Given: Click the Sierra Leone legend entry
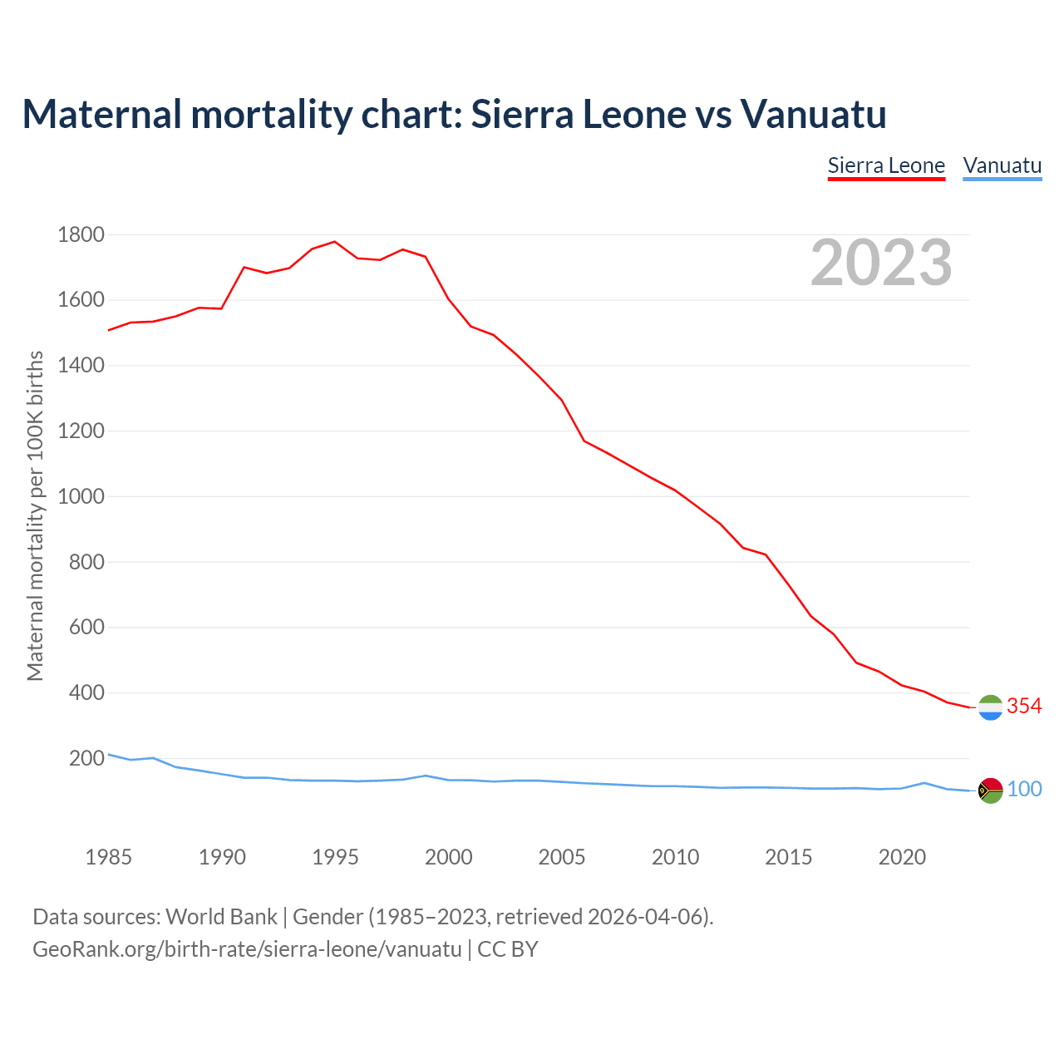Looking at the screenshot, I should [886, 166].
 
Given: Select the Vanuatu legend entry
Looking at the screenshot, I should [1002, 166].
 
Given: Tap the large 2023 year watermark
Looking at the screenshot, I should [881, 263].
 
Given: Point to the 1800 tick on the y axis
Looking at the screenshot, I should [81, 235].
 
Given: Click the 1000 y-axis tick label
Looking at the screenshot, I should [81, 497].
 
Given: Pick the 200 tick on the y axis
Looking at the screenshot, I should [86, 759].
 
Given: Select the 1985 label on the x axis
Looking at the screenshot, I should [109, 857].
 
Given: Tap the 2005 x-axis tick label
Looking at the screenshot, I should [562, 857].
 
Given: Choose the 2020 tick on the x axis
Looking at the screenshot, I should [902, 857].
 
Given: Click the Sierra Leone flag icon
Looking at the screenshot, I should [990, 707].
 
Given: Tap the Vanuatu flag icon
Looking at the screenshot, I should [990, 791].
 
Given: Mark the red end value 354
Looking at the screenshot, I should [1024, 707].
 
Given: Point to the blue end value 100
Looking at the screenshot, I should [1025, 790].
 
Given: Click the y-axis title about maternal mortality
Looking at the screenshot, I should [35, 515].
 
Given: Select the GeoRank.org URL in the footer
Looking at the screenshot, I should [247, 949].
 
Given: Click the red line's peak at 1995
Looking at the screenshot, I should [334, 242].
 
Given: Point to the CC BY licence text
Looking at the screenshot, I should [508, 949].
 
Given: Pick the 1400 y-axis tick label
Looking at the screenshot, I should [81, 366].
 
